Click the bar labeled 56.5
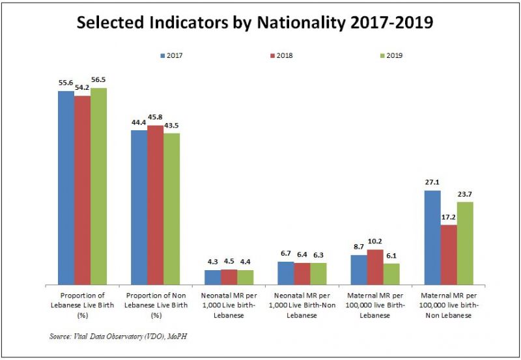pos(98,186)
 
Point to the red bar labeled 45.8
pos(156,204)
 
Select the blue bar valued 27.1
pos(432,237)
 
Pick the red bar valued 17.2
pos(449,255)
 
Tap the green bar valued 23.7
pos(465,243)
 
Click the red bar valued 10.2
pos(375,267)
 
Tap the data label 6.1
pos(392,256)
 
